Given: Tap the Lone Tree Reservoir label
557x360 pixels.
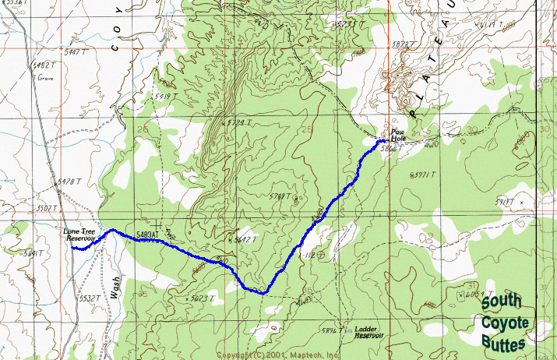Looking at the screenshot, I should coord(79,234).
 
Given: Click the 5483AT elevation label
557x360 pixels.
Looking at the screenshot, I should coord(147,235).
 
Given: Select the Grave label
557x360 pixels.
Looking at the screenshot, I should coord(44,78).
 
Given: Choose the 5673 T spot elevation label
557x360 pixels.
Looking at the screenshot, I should coord(202,298).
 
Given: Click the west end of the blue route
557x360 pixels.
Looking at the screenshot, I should coord(73,249).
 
